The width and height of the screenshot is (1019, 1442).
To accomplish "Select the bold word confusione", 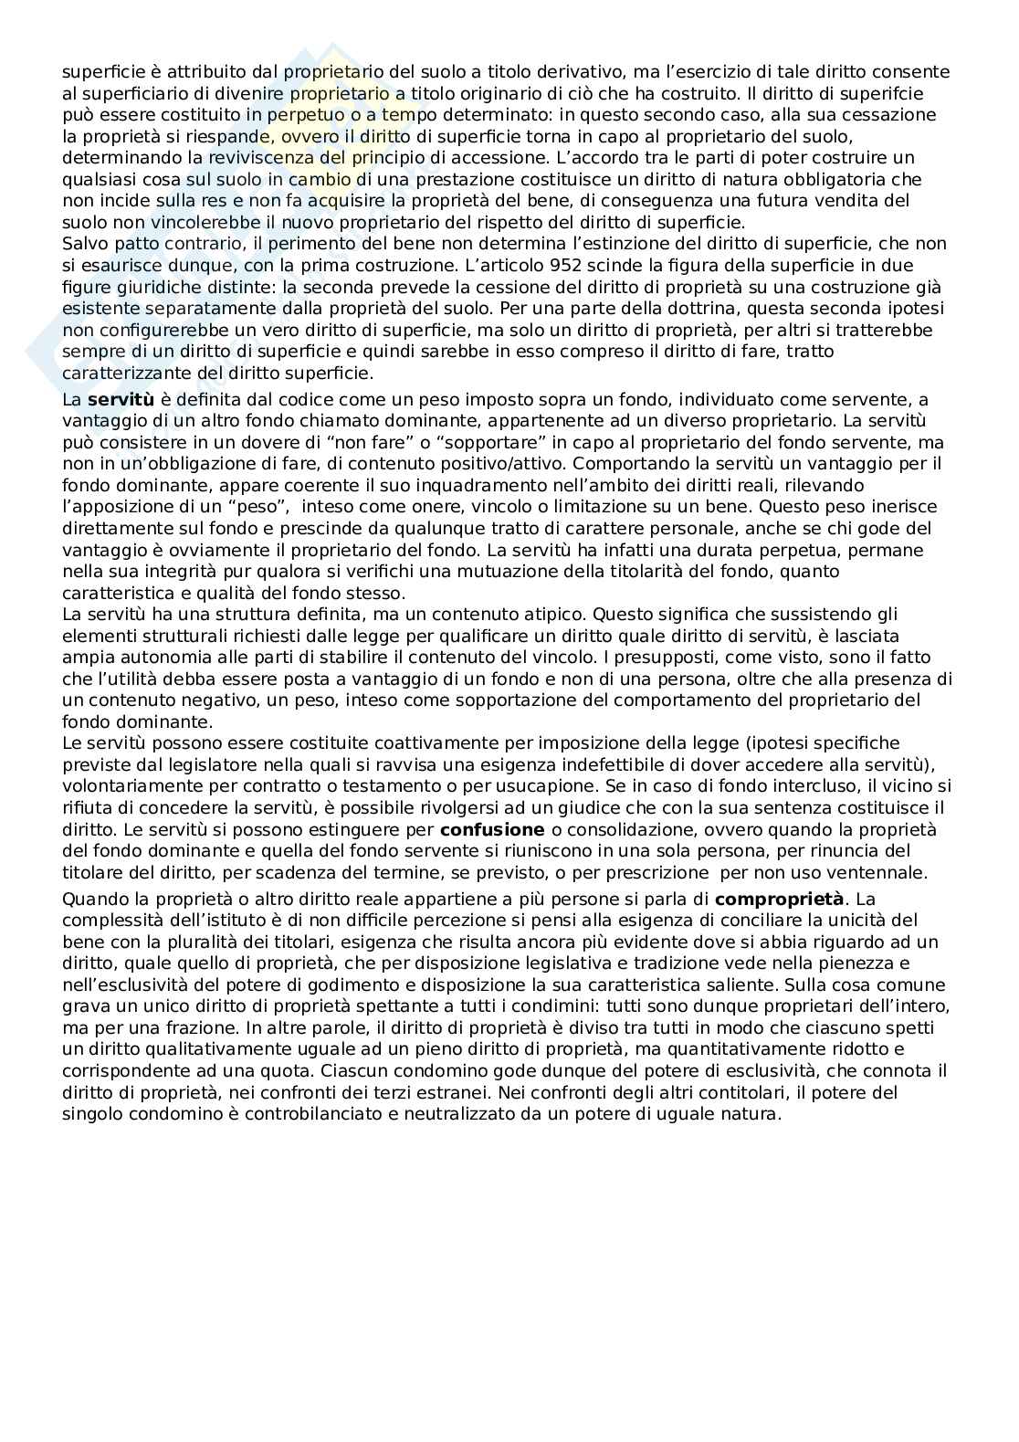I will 492,829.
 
